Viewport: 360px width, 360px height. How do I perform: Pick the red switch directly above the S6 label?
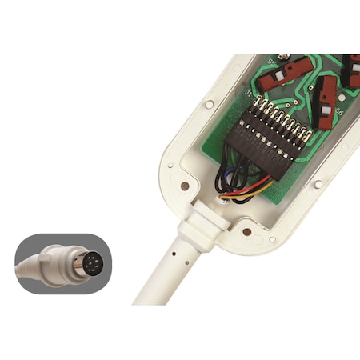(329, 92)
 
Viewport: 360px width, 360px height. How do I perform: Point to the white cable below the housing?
(160, 280)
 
